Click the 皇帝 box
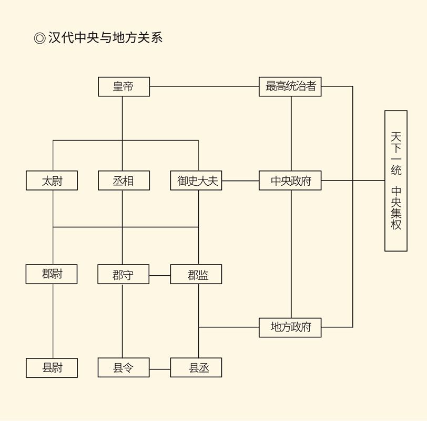pyautogui.click(x=124, y=87)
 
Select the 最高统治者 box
pyautogui.click(x=290, y=87)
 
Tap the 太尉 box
pyautogui.click(x=52, y=181)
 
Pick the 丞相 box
pyautogui.click(x=124, y=181)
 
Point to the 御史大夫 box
pyautogui.click(x=196, y=181)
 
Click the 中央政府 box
pyautogui.click(x=290, y=181)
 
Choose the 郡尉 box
pyautogui.click(x=52, y=274)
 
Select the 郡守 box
pyautogui.click(x=124, y=275)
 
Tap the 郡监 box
pyautogui.click(x=196, y=275)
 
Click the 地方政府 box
pyautogui.click(x=290, y=327)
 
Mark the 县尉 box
pyautogui.click(x=52, y=368)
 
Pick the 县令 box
pyautogui.click(x=124, y=368)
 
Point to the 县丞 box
pyautogui.click(x=196, y=368)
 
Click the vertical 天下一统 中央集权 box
pyautogui.click(x=396, y=181)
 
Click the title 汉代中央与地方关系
pyautogui.click(x=105, y=37)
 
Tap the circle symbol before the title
pyautogui.click(x=39, y=38)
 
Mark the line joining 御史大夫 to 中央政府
pyautogui.click(x=240, y=181)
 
